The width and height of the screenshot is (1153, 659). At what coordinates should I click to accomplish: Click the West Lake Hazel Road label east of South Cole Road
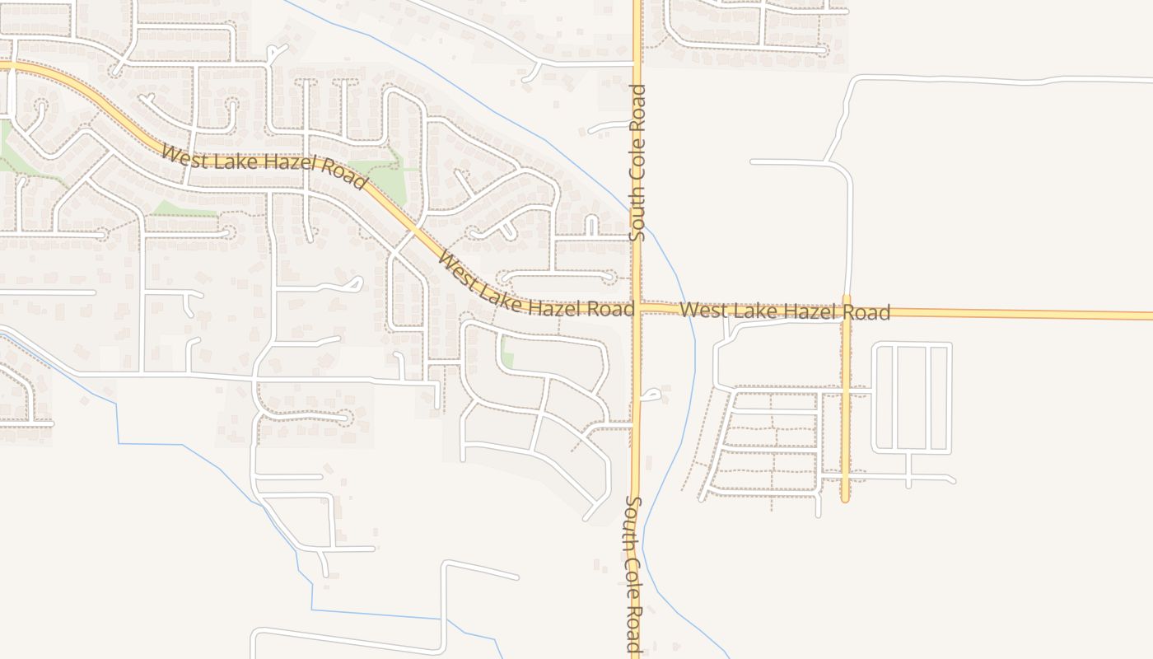point(786,311)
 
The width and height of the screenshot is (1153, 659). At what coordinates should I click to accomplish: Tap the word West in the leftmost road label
point(180,154)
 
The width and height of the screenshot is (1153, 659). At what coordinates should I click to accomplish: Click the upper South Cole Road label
point(637,163)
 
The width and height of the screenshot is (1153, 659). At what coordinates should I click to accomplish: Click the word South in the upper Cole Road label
point(637,213)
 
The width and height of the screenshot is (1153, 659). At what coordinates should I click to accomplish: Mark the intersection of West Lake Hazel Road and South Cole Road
point(637,308)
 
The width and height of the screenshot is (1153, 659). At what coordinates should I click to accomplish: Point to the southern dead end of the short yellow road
point(845,498)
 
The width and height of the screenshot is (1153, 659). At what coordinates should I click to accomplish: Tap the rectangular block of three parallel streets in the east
point(912,398)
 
